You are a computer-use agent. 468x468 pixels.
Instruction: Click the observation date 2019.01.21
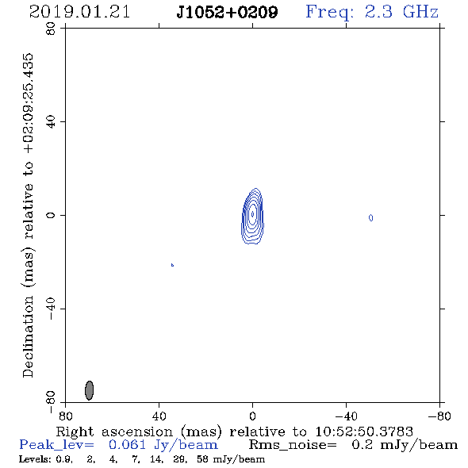click(x=79, y=12)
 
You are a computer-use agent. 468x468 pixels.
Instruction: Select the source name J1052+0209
click(x=227, y=12)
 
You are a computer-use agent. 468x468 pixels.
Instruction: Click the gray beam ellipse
click(x=90, y=390)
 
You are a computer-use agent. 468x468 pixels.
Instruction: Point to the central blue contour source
click(x=252, y=216)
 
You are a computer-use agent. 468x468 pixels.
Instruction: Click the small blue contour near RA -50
click(x=370, y=218)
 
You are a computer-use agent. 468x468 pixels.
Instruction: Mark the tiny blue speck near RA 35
click(x=172, y=265)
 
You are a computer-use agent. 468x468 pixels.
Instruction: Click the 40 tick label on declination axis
click(x=51, y=121)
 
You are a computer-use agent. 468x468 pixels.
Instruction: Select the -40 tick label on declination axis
click(x=51, y=309)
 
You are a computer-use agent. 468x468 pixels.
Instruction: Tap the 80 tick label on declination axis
click(x=51, y=29)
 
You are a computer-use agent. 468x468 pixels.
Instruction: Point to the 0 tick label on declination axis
click(x=51, y=215)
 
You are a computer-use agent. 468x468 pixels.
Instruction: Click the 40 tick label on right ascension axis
click(x=159, y=416)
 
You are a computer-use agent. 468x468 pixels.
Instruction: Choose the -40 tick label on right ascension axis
click(x=346, y=416)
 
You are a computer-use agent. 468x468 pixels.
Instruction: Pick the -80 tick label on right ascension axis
click(x=439, y=416)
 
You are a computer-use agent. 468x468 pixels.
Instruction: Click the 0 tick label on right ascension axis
click(x=252, y=416)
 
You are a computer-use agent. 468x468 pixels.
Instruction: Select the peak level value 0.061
click(x=128, y=445)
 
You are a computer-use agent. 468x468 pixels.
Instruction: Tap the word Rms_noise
click(x=293, y=445)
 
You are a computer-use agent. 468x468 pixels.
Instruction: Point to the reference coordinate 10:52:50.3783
click(x=364, y=432)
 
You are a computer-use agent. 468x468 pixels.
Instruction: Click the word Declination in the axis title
click(x=28, y=336)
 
